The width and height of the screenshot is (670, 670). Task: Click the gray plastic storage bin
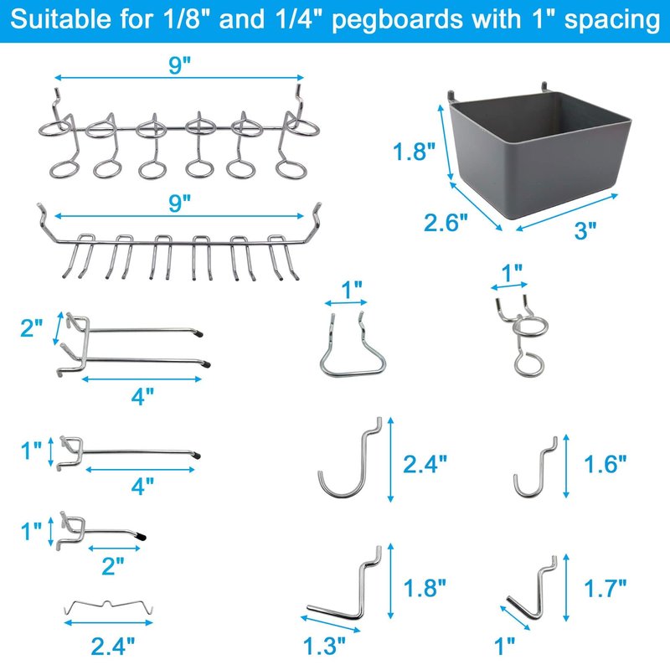(x=539, y=154)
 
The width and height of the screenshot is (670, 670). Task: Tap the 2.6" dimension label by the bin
(x=446, y=223)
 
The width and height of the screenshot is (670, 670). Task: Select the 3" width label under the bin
(x=585, y=231)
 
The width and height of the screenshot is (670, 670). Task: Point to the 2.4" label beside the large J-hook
(x=425, y=464)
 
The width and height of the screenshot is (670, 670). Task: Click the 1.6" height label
(x=605, y=465)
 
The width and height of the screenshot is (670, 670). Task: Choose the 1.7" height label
(x=605, y=589)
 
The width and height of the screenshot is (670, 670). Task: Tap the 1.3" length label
(x=324, y=646)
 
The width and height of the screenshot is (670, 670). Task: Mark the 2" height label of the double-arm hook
(x=32, y=328)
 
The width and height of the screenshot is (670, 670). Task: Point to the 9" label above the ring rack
(x=179, y=65)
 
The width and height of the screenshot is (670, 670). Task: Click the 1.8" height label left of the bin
(x=414, y=152)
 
